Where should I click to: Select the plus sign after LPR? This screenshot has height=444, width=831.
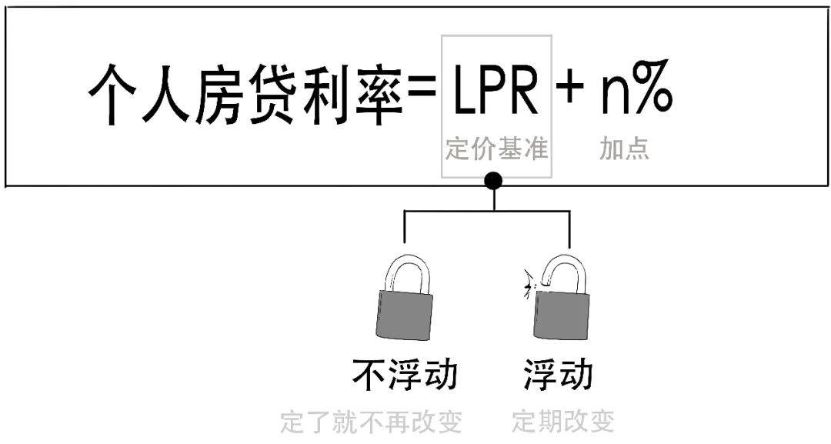570,91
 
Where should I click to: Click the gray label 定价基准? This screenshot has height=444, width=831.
496,149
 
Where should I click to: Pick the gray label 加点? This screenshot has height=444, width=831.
624,149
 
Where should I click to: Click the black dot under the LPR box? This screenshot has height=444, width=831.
494,182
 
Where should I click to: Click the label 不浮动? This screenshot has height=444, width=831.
404,375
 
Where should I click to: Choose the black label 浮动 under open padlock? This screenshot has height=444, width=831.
559,375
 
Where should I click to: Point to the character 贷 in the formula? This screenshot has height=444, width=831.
269,95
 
